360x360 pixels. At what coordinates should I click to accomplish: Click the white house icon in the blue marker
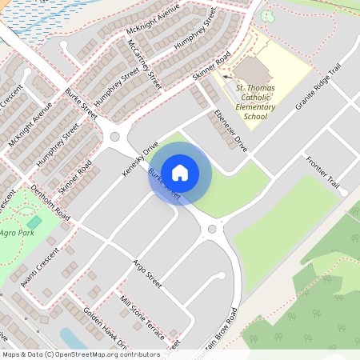tap(180, 171)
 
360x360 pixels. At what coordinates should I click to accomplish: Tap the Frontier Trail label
tap(323, 173)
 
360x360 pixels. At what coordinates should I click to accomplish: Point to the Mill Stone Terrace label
tap(140, 314)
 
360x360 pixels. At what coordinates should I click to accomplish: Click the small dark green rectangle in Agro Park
tap(34, 222)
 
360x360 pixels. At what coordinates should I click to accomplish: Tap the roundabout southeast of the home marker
tap(212, 230)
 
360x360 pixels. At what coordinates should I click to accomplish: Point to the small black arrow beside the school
tap(226, 78)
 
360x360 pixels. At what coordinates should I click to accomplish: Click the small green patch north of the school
tap(267, 15)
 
